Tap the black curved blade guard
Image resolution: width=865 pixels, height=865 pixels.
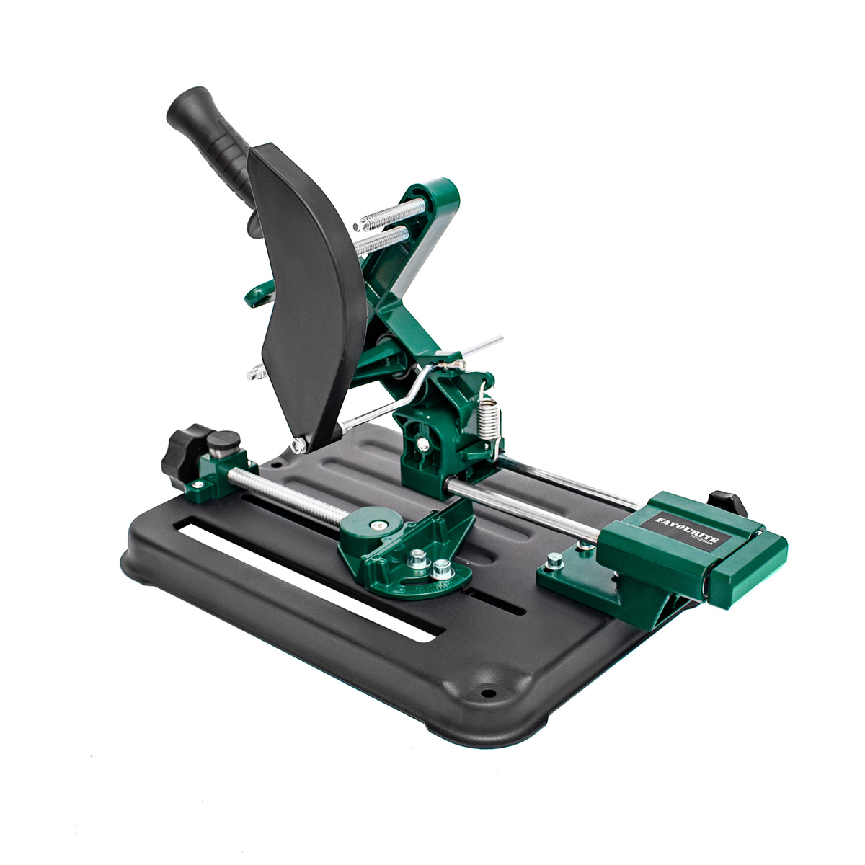[x=303, y=288]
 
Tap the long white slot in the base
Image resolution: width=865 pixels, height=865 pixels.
[x=303, y=577]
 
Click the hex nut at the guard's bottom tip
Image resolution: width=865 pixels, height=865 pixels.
[x=298, y=445]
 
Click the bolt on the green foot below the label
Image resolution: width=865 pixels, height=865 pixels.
[x=553, y=561]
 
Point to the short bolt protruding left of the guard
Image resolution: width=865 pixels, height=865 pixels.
[x=254, y=373]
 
